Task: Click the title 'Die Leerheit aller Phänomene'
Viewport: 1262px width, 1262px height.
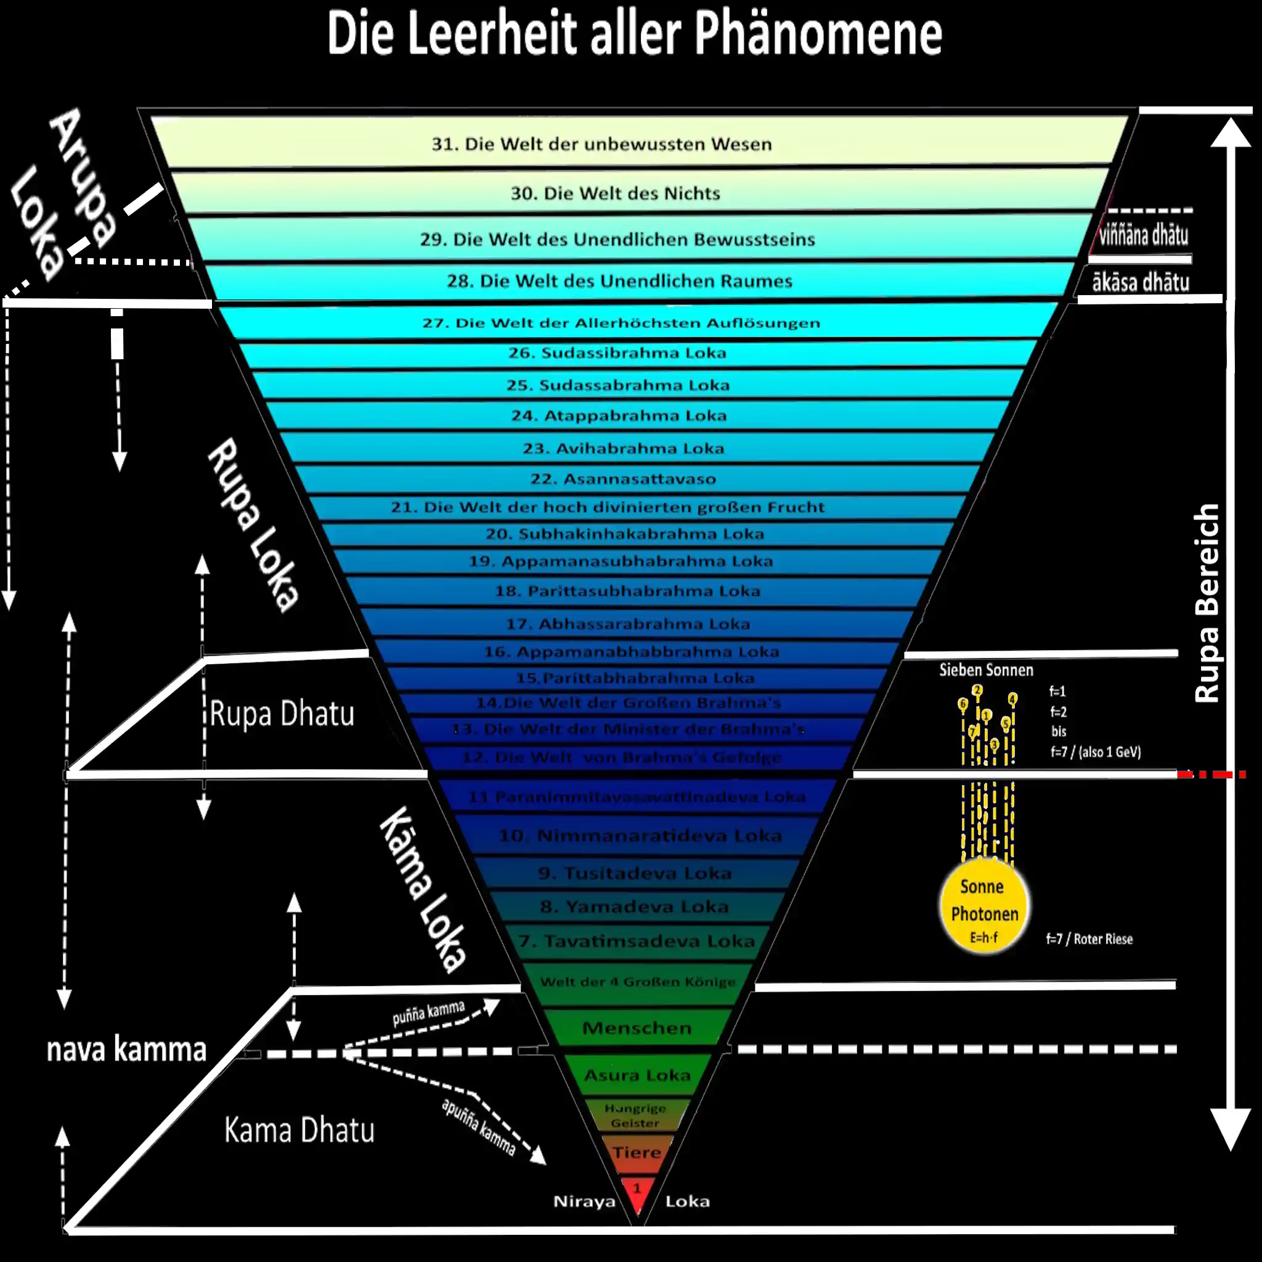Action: [x=633, y=34]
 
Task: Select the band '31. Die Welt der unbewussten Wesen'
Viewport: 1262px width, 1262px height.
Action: [x=601, y=144]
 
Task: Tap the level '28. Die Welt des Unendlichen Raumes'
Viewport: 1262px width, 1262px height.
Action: [x=619, y=281]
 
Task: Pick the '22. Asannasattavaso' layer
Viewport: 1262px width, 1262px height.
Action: [x=622, y=479]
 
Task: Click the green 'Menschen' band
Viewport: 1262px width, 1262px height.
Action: [x=636, y=1027]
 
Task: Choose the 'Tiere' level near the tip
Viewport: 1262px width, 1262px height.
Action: [x=636, y=1152]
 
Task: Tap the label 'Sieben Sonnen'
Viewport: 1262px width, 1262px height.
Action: [x=986, y=670]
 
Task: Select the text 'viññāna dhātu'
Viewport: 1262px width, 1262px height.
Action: [x=1143, y=235]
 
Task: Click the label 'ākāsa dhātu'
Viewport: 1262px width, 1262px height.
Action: [x=1141, y=282]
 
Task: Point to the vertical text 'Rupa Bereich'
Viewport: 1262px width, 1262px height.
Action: [x=1206, y=602]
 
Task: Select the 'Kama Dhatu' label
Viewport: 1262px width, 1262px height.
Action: [x=299, y=1130]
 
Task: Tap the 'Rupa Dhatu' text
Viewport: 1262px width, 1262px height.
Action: [x=282, y=713]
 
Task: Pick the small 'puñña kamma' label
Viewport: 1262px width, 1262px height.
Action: [x=428, y=1012]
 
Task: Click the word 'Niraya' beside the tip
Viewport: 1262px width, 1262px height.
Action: [x=584, y=1201]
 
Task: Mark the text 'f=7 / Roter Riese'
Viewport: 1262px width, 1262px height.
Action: [x=1089, y=938]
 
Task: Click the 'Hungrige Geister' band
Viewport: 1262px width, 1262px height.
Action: [x=635, y=1115]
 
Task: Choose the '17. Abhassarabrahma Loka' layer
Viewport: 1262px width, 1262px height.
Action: [x=628, y=624]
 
